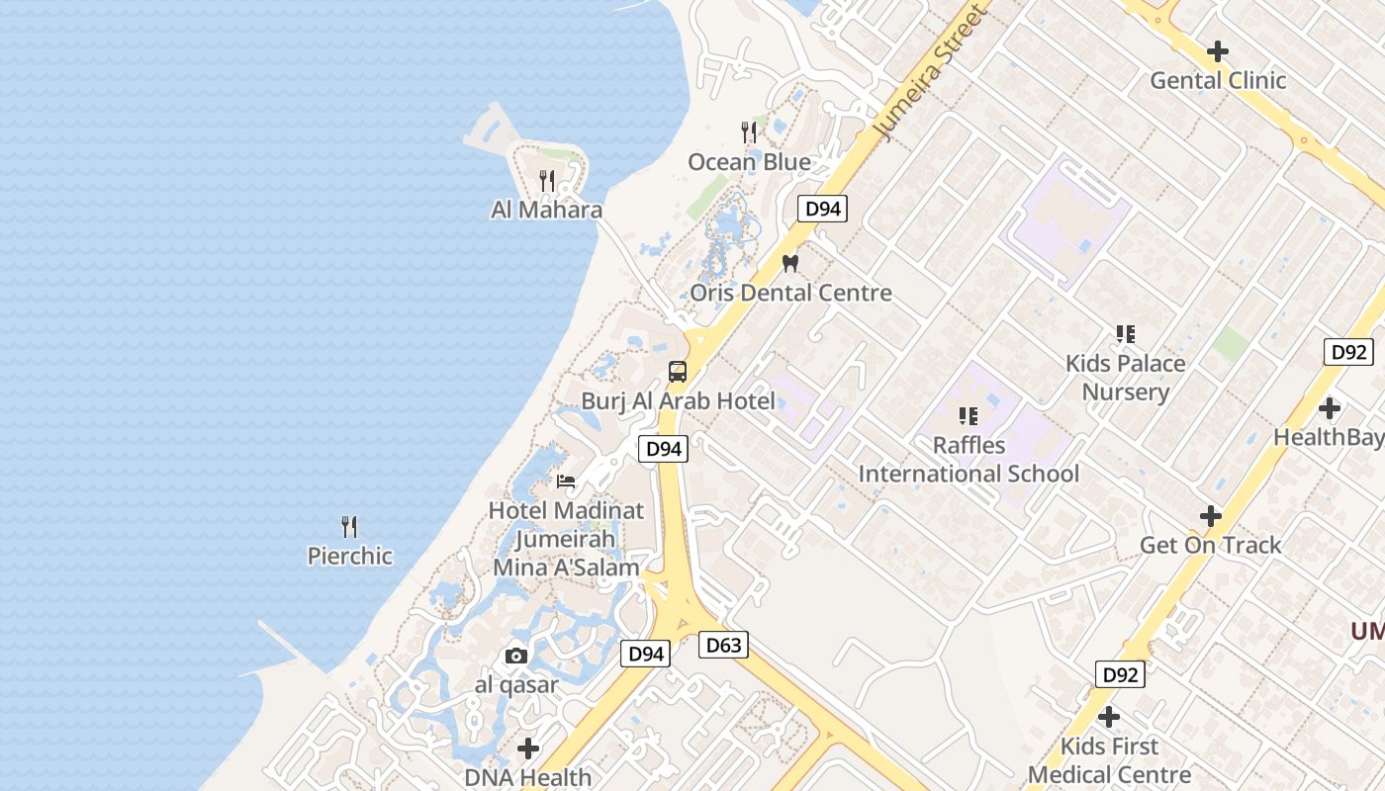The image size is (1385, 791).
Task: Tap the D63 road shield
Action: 723,646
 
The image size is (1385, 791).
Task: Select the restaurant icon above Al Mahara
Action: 546,181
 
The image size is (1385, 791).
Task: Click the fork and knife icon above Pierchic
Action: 349,526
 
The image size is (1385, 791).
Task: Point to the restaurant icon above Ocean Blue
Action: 749,132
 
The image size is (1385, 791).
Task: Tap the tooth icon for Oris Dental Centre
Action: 789,264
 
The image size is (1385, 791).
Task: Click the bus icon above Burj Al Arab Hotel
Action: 678,372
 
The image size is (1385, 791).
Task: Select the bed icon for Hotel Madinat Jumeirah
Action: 566,482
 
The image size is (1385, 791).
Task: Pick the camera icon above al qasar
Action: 515,656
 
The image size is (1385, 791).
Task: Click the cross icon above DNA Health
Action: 528,748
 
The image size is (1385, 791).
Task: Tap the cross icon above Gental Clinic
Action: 1217,51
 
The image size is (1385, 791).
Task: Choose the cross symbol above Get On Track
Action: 1210,516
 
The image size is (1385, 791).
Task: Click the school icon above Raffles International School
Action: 969,416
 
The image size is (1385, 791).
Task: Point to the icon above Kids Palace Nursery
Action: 1125,334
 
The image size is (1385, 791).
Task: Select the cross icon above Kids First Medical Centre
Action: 1109,717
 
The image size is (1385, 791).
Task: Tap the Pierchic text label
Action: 350,556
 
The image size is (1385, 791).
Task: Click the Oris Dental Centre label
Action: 790,293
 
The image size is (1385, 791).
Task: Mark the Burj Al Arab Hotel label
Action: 678,401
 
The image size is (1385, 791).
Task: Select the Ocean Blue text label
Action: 749,162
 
